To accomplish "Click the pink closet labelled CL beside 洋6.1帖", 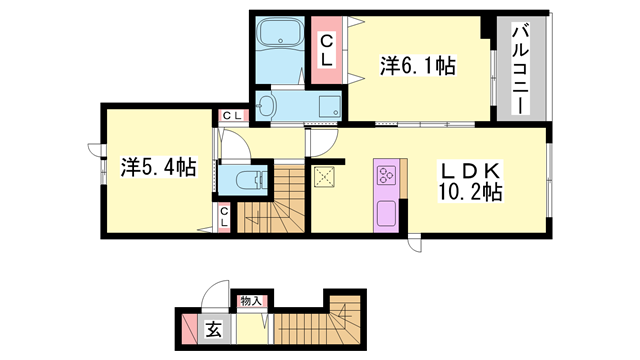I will click(x=327, y=50).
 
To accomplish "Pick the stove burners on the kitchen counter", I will click(x=385, y=178).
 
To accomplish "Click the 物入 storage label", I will click(x=251, y=300).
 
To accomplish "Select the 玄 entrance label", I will click(x=214, y=327).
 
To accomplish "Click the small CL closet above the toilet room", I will click(x=232, y=117).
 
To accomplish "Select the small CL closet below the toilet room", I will click(x=225, y=216).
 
